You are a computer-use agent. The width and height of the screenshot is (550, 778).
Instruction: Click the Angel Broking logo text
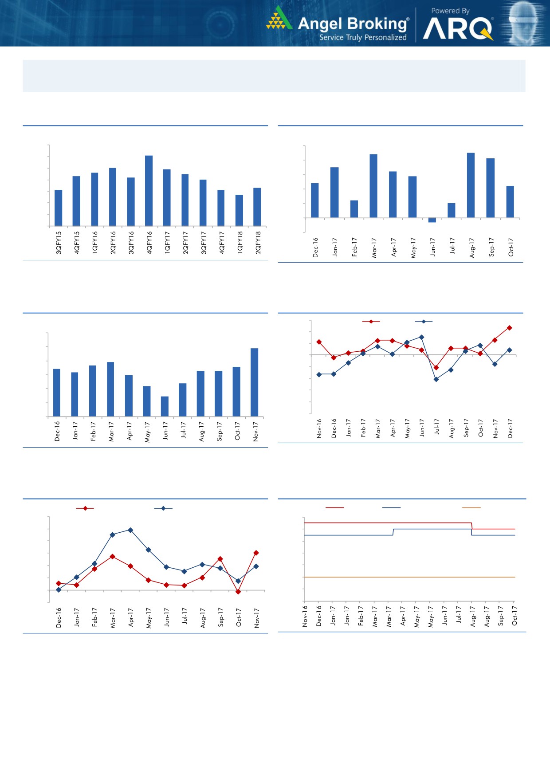[x=353, y=24]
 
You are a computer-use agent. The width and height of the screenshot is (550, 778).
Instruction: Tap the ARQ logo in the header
[x=458, y=29]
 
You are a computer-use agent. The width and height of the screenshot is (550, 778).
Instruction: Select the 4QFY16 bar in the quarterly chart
[x=149, y=191]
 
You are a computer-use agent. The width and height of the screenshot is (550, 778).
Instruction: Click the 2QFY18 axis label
[x=258, y=242]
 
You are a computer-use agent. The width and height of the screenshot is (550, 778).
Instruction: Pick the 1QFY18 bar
[x=240, y=210]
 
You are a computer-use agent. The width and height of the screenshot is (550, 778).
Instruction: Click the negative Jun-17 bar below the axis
[x=432, y=220]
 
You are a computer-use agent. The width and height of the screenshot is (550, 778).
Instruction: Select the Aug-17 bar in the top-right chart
[x=471, y=185]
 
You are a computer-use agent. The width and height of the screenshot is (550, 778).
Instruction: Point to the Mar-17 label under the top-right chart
[x=374, y=248]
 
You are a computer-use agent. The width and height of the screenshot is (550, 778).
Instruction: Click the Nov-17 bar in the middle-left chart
[x=255, y=382]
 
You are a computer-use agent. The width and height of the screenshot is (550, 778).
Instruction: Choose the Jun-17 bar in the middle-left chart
[x=165, y=406]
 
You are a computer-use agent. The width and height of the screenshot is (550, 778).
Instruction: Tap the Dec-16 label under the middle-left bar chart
[x=57, y=431]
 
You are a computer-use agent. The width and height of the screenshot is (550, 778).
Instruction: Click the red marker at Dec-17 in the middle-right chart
[x=510, y=328]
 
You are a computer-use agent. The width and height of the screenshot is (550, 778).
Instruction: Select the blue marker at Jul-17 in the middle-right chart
[x=436, y=379]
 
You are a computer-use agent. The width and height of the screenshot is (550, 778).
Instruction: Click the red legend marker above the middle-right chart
[x=371, y=322]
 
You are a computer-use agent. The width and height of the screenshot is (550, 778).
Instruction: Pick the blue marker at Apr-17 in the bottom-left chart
[x=130, y=530]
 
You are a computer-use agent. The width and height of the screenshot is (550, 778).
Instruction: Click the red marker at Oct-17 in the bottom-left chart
[x=238, y=592]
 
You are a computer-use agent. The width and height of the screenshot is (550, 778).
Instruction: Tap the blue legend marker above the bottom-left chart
[x=163, y=508]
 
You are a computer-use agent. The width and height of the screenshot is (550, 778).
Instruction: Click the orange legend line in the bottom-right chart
[x=471, y=507]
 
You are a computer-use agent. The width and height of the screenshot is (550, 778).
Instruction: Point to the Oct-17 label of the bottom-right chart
[x=515, y=616]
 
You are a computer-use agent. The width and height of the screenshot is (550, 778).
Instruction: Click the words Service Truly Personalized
[x=363, y=38]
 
